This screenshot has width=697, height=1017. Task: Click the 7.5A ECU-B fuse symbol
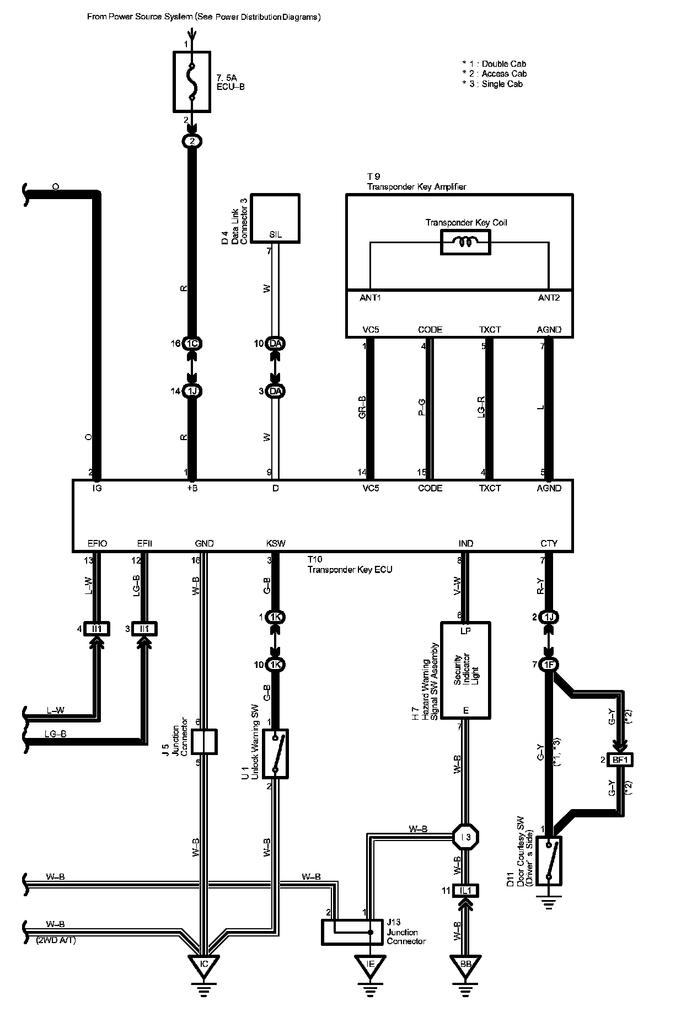(x=191, y=82)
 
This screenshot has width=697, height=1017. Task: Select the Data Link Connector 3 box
(x=275, y=218)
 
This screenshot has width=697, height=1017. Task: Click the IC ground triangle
(x=203, y=964)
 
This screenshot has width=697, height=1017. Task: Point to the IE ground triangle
(x=370, y=964)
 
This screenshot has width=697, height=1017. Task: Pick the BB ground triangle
(x=465, y=964)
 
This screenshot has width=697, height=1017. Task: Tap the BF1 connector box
(x=620, y=760)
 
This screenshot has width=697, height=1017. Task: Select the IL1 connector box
(x=465, y=890)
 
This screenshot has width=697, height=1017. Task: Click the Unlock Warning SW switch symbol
(x=276, y=754)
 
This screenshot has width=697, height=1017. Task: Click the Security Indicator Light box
(x=465, y=670)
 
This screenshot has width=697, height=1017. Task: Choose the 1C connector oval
(x=192, y=344)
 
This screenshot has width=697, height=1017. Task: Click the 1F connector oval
(x=549, y=665)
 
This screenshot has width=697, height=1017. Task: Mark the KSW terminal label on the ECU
(x=276, y=543)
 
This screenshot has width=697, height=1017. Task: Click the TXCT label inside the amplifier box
(x=490, y=330)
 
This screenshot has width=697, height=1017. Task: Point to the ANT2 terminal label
(x=549, y=298)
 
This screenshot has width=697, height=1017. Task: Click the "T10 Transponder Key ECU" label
(x=350, y=565)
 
